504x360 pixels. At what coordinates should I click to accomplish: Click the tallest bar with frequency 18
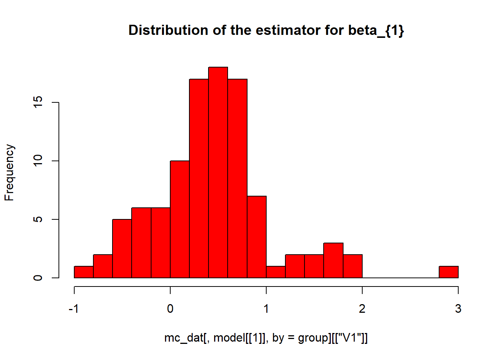[218, 172]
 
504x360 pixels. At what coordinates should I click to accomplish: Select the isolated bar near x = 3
[448, 272]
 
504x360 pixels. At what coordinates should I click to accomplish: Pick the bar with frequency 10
[180, 219]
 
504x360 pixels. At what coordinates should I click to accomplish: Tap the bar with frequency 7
[256, 237]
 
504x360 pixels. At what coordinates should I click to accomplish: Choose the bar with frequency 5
[122, 248]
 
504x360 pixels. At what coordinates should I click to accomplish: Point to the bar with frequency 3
[333, 260]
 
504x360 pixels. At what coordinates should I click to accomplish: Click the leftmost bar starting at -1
[84, 272]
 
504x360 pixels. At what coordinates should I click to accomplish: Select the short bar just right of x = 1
[276, 272]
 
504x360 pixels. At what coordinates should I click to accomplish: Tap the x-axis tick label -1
[74, 309]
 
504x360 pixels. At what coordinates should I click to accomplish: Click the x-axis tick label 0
[170, 309]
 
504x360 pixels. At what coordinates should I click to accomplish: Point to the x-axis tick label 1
[266, 309]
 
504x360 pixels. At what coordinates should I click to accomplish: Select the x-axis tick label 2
[362, 309]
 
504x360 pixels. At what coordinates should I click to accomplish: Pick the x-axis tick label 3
[458, 309]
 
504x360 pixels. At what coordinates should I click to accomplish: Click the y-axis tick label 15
[38, 102]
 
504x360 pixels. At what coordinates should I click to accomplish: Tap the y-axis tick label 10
[38, 161]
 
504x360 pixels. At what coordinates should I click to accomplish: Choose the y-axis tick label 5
[38, 219]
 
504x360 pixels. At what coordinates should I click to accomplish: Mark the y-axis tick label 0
[38, 278]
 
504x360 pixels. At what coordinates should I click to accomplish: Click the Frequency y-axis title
[9, 172]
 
